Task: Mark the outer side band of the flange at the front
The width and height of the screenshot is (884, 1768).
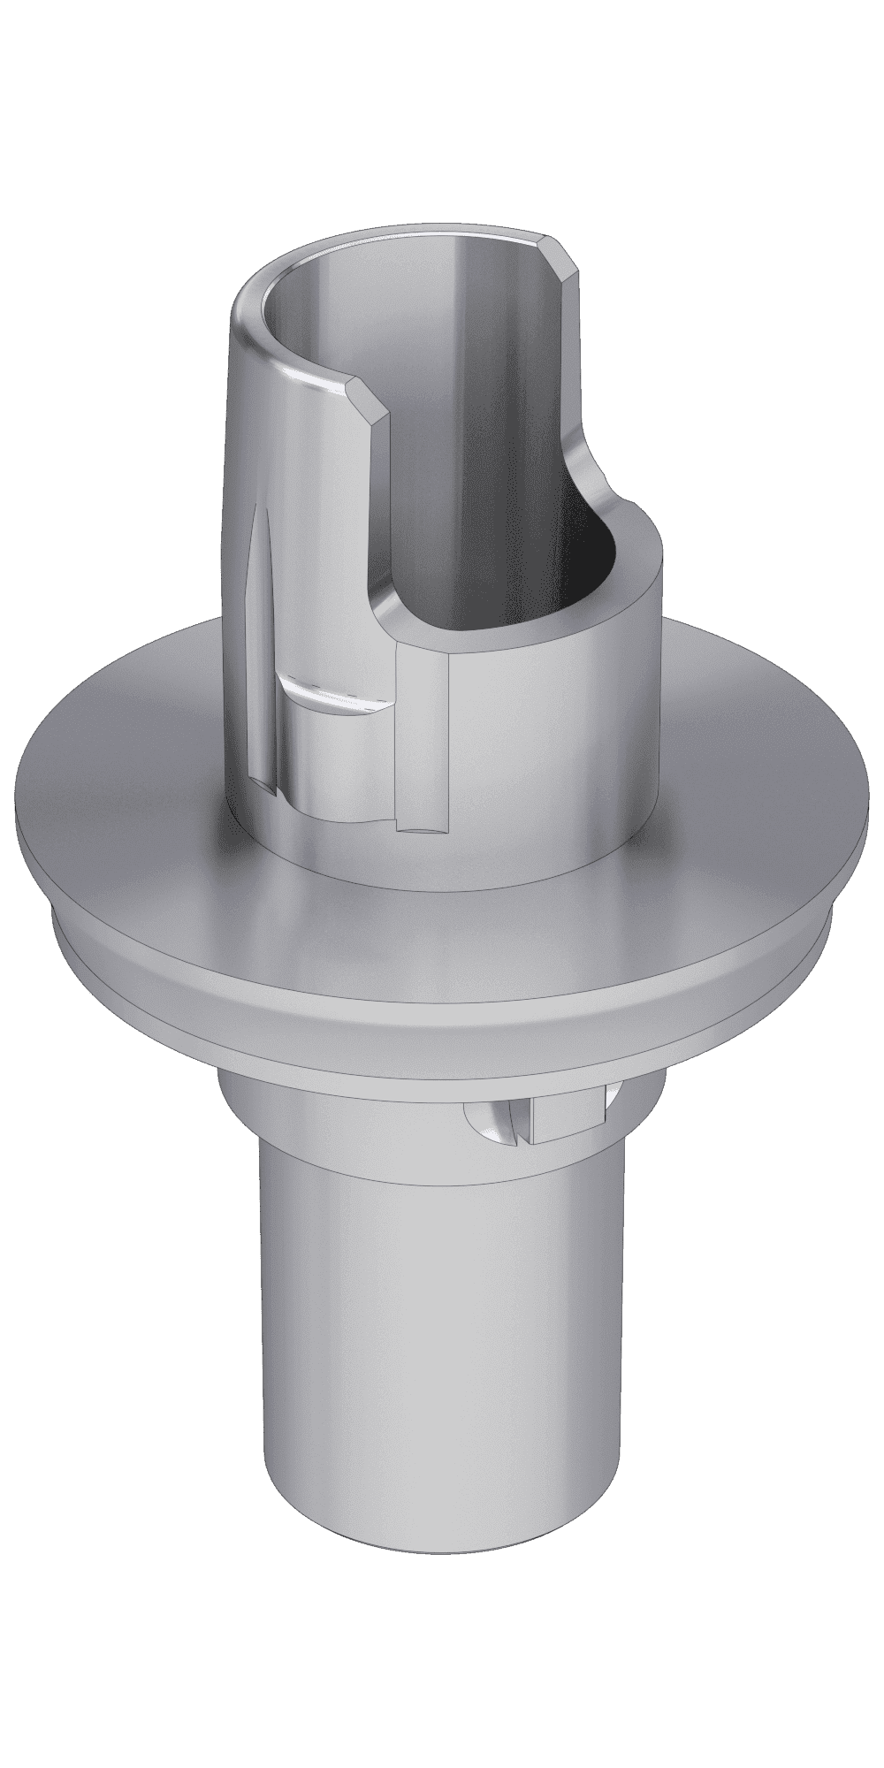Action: tap(442, 1008)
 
